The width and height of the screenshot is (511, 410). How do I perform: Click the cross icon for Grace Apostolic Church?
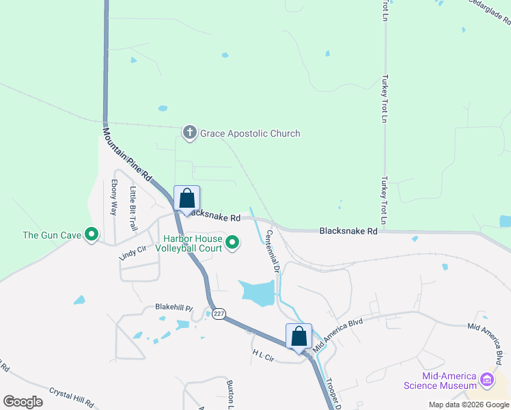pos(190,133)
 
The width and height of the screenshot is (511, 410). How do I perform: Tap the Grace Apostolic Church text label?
pos(249,133)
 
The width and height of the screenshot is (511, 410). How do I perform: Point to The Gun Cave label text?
pos(51,235)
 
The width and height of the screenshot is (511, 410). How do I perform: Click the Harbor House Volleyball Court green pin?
pos(233,243)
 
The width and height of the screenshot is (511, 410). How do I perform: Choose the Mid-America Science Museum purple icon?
pos(486,379)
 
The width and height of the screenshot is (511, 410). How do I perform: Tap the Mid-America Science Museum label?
pos(449,381)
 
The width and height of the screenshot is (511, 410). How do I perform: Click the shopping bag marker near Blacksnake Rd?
pos(187,198)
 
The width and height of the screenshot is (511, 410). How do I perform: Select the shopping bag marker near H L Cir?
pos(299,336)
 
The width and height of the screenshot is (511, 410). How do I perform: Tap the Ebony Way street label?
pos(114,197)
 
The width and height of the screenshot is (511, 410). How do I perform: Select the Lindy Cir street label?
pos(133,250)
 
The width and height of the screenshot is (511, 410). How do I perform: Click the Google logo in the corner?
pos(23,401)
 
